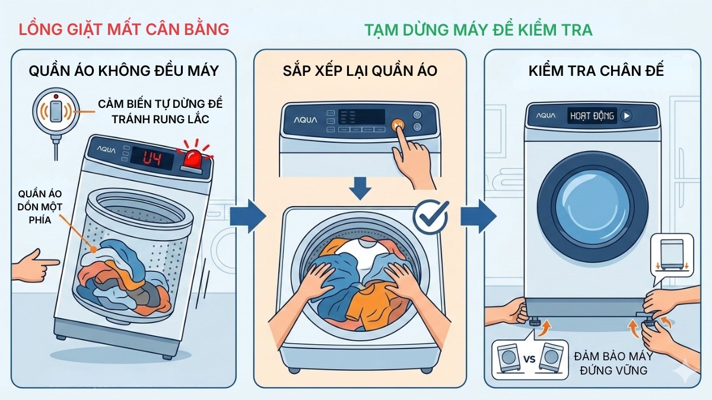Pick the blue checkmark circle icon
(x=430, y=216)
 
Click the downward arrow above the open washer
(x=360, y=187)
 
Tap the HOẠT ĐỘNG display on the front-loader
(x=592, y=116)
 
